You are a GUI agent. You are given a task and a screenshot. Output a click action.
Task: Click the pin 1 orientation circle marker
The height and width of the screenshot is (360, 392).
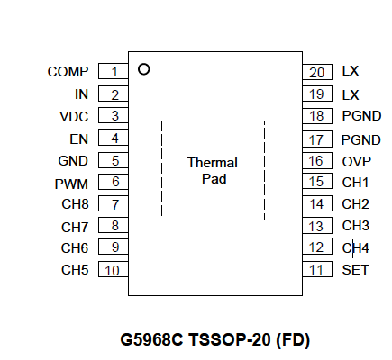click(x=143, y=69)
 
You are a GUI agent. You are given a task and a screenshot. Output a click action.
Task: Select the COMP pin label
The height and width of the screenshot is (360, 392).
click(x=68, y=72)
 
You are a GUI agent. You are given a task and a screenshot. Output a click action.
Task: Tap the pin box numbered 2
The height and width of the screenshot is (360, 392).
click(x=114, y=94)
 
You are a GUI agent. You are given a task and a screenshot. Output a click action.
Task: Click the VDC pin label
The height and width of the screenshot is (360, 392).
click(x=74, y=117)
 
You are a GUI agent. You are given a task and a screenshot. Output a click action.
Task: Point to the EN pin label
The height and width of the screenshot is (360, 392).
click(x=78, y=139)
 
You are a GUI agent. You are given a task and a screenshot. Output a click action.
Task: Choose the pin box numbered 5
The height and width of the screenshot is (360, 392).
click(x=114, y=160)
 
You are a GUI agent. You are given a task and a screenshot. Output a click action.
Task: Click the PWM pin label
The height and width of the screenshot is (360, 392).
click(x=71, y=184)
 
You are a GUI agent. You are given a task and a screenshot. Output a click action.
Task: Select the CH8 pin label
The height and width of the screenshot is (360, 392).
click(x=75, y=204)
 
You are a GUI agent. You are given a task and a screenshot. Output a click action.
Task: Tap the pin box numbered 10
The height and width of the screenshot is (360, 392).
click(x=114, y=269)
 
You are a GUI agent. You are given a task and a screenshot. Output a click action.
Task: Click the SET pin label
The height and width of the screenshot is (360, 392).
click(x=355, y=270)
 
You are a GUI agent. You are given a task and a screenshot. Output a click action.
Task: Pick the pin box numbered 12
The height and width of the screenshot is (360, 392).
click(x=317, y=247)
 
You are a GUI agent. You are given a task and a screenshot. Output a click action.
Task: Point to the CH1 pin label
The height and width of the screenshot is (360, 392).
click(x=355, y=182)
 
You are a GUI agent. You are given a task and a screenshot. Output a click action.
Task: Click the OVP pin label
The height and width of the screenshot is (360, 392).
click(x=357, y=162)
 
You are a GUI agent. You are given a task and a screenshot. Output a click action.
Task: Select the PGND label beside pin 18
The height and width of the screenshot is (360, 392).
click(x=361, y=116)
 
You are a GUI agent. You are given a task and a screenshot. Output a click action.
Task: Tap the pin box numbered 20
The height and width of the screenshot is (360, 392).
click(x=317, y=72)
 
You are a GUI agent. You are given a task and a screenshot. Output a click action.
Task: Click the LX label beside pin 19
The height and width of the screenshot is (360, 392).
click(x=351, y=95)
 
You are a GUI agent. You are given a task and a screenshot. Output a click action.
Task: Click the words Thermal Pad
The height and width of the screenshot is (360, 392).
click(x=213, y=171)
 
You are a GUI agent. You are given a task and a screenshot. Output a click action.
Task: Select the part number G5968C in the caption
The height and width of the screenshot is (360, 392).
click(x=151, y=340)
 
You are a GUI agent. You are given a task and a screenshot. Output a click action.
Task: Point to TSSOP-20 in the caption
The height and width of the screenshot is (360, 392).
click(x=229, y=340)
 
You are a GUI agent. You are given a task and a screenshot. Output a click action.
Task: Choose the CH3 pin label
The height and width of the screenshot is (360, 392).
click(x=356, y=226)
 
